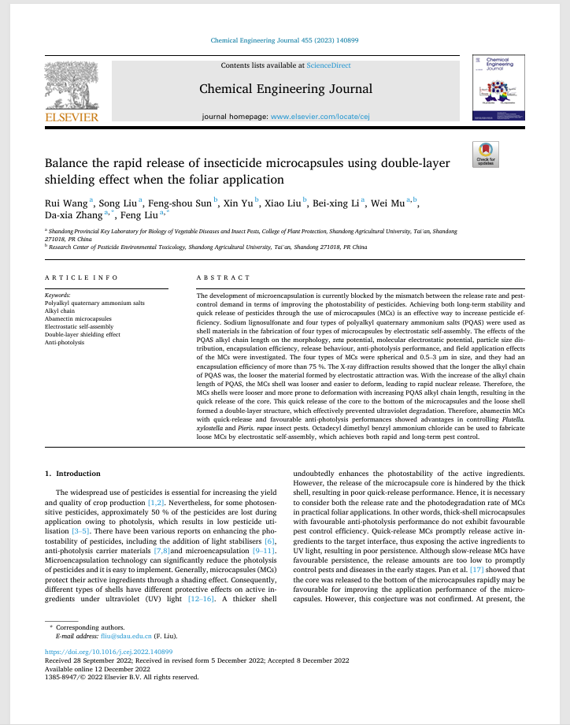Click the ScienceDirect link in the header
(329, 65)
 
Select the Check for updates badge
(486, 153)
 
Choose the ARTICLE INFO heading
(81, 277)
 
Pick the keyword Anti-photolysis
(65, 342)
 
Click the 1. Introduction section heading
(72, 473)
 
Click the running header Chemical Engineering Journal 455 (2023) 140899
(285, 40)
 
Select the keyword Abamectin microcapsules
(77, 318)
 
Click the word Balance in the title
(67, 163)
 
